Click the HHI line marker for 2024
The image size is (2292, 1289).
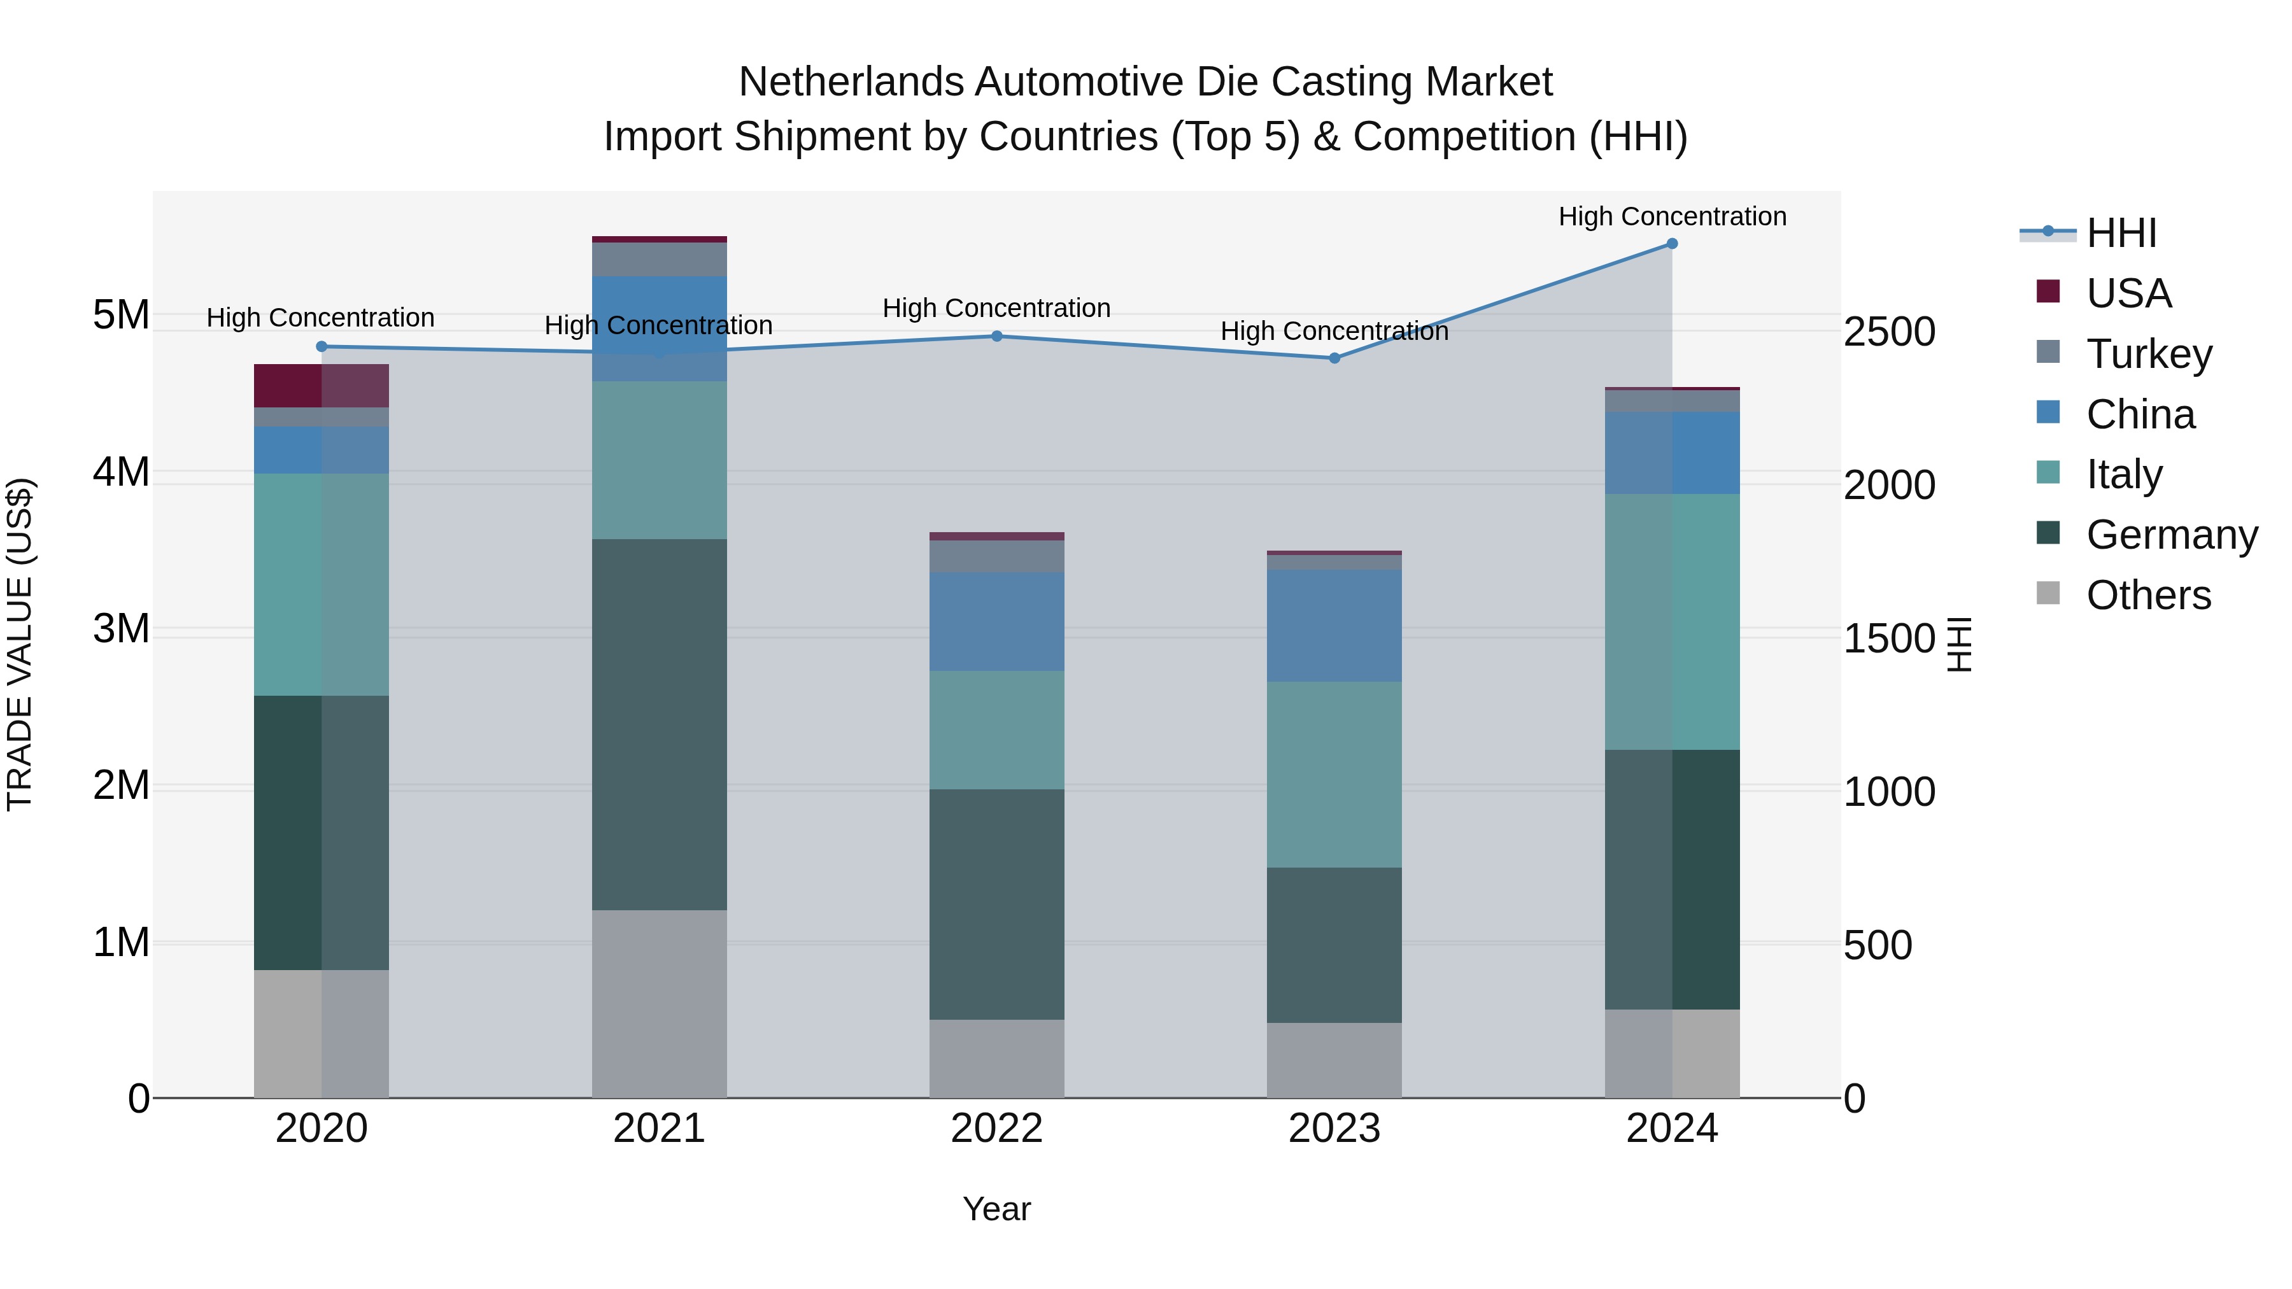click(x=1672, y=244)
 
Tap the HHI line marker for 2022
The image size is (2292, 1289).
click(x=996, y=336)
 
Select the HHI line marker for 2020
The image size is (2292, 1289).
click(x=322, y=347)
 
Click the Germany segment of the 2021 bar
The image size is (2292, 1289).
click(x=660, y=724)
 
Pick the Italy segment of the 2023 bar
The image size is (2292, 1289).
click(x=1334, y=774)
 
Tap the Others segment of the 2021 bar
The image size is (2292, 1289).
click(x=660, y=1003)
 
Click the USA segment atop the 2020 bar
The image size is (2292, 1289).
click(x=322, y=385)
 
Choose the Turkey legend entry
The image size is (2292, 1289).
click(x=2148, y=354)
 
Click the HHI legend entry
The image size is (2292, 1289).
click(x=2120, y=233)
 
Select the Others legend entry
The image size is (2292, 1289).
click(x=2148, y=595)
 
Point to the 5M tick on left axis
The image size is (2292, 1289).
click(x=121, y=315)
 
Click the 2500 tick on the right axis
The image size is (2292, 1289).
click(x=1889, y=332)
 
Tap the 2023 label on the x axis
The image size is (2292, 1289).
click(x=1334, y=1129)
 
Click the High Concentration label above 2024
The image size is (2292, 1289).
click(x=1672, y=216)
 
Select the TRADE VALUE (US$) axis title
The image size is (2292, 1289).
click(x=20, y=644)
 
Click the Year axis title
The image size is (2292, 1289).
click(x=996, y=1209)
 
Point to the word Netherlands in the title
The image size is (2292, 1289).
click(x=850, y=82)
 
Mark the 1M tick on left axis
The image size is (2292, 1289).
click(x=121, y=942)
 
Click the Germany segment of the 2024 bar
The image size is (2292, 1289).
click(x=1672, y=879)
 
